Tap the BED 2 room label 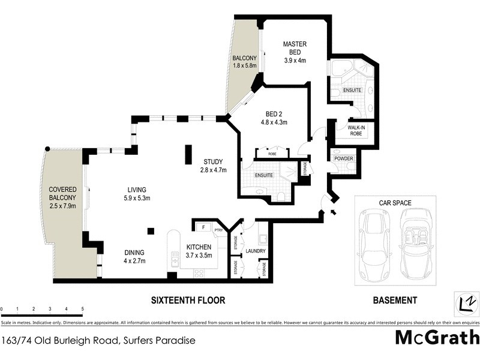click(274, 118)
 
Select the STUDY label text click(212, 166)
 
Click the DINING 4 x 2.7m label click(135, 256)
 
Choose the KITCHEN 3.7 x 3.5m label click(198, 251)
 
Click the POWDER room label click(344, 159)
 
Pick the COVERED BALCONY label click(62, 197)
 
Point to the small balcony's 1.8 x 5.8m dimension click(244, 66)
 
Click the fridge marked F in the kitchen click(203, 228)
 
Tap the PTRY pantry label click(218, 229)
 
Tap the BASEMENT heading click(394, 299)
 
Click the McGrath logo click(437, 337)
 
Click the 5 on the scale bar click(82, 308)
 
